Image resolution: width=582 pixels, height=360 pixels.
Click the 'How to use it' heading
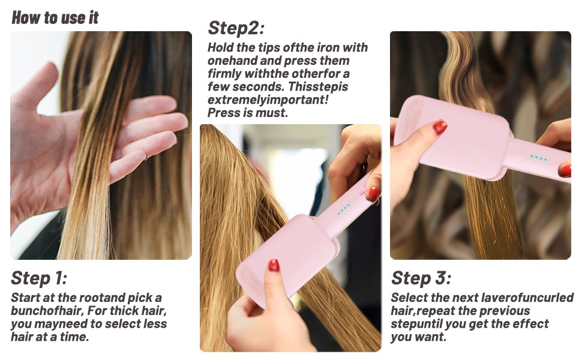[x=55, y=17]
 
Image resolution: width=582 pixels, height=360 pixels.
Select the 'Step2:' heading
[x=236, y=28]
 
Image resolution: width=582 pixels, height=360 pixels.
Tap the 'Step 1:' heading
[x=39, y=278]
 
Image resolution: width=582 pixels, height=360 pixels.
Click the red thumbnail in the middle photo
[x=274, y=265]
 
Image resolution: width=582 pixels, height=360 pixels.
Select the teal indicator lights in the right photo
[x=539, y=158]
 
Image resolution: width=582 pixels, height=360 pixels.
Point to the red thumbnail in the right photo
[x=440, y=127]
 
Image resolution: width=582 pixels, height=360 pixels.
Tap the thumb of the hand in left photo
[x=37, y=81]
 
